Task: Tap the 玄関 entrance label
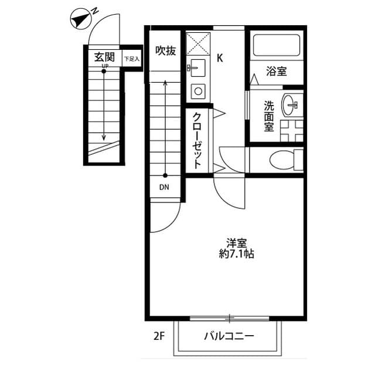[104, 58]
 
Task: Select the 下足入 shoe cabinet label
[131, 59]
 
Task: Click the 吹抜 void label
[165, 51]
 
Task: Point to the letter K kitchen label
[220, 58]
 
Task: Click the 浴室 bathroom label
[276, 72]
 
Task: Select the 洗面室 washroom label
[269, 116]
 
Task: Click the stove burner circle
[197, 91]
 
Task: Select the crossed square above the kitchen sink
[197, 42]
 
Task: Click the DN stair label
[165, 188]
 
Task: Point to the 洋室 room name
[236, 242]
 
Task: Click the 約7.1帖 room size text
[236, 255]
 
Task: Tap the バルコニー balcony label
[229, 337]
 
